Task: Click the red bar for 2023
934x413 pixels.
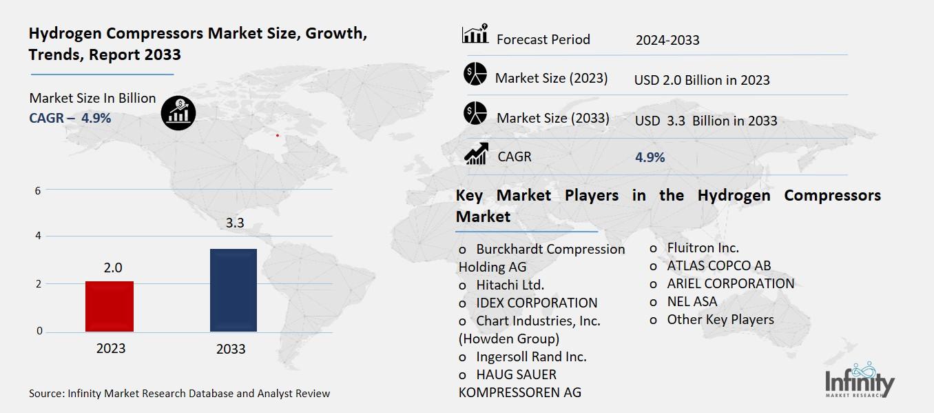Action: tap(110, 306)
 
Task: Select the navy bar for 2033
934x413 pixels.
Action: tap(233, 290)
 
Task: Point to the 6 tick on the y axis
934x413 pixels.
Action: tap(39, 190)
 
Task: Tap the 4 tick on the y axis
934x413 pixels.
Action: tap(39, 236)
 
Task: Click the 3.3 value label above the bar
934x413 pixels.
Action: tap(235, 223)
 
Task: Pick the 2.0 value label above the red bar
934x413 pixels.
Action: tap(112, 268)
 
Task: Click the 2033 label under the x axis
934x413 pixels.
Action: tap(231, 349)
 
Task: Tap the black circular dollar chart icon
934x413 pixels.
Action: tap(178, 113)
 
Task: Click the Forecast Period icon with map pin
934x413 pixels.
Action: tap(475, 34)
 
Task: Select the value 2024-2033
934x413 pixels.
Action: tap(667, 40)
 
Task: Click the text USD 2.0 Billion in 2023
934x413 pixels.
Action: tap(701, 80)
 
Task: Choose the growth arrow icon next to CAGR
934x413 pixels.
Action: tap(476, 153)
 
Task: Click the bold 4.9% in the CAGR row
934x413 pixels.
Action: tap(650, 157)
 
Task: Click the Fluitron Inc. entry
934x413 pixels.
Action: tap(702, 248)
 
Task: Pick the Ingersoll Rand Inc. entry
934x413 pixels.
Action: tap(530, 356)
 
